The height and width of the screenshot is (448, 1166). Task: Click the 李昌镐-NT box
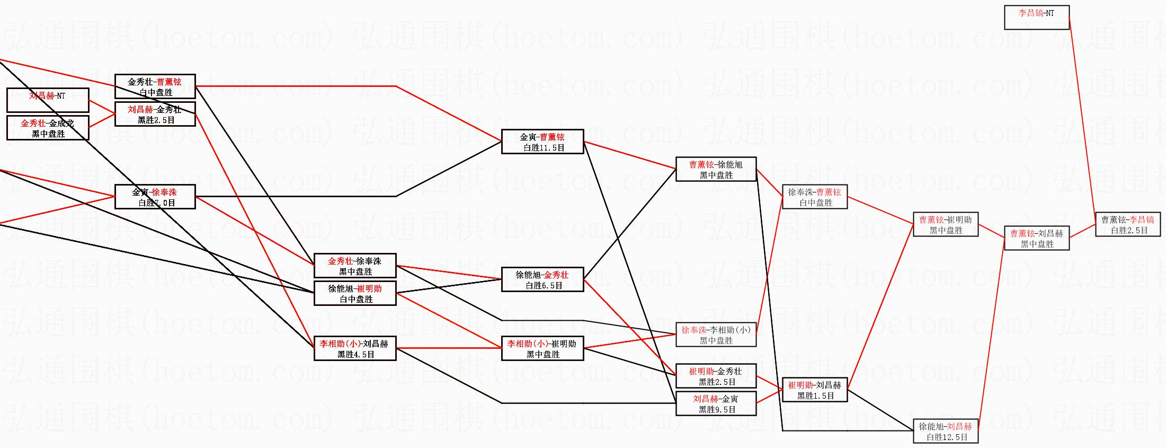pyautogui.click(x=1036, y=17)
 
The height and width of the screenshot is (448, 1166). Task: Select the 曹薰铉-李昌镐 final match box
pyautogui.click(x=1128, y=224)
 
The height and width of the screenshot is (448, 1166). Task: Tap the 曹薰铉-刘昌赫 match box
pyautogui.click(x=1037, y=238)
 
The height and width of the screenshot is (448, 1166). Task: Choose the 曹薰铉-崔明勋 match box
pyautogui.click(x=946, y=224)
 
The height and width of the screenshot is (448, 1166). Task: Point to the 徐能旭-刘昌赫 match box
pyautogui.click(x=946, y=431)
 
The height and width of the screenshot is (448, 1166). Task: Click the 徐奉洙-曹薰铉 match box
pyautogui.click(x=815, y=197)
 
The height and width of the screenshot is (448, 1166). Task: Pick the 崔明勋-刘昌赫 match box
pyautogui.click(x=815, y=390)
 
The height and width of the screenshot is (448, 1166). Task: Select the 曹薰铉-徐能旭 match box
pyautogui.click(x=716, y=169)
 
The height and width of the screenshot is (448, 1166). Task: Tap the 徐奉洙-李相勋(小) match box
pyautogui.click(x=716, y=335)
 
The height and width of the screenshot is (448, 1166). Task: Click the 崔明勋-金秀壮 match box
pyautogui.click(x=716, y=376)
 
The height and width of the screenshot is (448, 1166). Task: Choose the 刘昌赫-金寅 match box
pyautogui.click(x=716, y=403)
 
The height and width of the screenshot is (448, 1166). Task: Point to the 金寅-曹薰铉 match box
pyautogui.click(x=542, y=142)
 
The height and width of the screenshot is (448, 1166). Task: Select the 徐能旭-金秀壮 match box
pyautogui.click(x=542, y=279)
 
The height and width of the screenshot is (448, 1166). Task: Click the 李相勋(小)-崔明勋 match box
pyautogui.click(x=542, y=348)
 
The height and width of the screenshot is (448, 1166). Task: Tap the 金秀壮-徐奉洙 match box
pyautogui.click(x=355, y=266)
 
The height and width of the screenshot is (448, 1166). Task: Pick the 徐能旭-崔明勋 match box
pyautogui.click(x=355, y=293)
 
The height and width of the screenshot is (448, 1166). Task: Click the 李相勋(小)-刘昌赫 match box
pyautogui.click(x=355, y=348)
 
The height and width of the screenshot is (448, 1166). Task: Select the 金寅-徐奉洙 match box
pyautogui.click(x=155, y=197)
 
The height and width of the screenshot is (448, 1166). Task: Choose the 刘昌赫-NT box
pyautogui.click(x=48, y=100)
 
